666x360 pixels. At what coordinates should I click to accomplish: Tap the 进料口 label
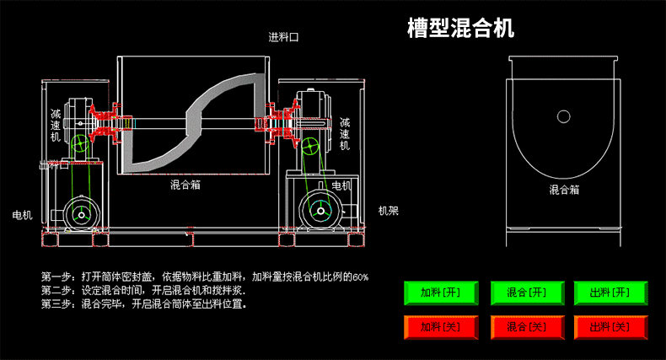click(284, 37)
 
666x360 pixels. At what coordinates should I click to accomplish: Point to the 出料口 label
click(53, 165)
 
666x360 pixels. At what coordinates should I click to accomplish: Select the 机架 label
click(388, 211)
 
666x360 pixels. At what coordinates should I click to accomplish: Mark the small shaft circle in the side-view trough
click(563, 116)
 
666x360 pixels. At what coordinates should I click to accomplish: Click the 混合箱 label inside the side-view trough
click(564, 191)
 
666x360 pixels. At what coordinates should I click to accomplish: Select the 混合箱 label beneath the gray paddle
click(185, 183)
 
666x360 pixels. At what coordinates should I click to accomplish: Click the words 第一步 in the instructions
click(56, 277)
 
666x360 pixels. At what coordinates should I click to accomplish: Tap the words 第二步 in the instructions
click(56, 290)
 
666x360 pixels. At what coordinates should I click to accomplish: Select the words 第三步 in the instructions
click(56, 304)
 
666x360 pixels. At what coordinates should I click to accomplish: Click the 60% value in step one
click(360, 277)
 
